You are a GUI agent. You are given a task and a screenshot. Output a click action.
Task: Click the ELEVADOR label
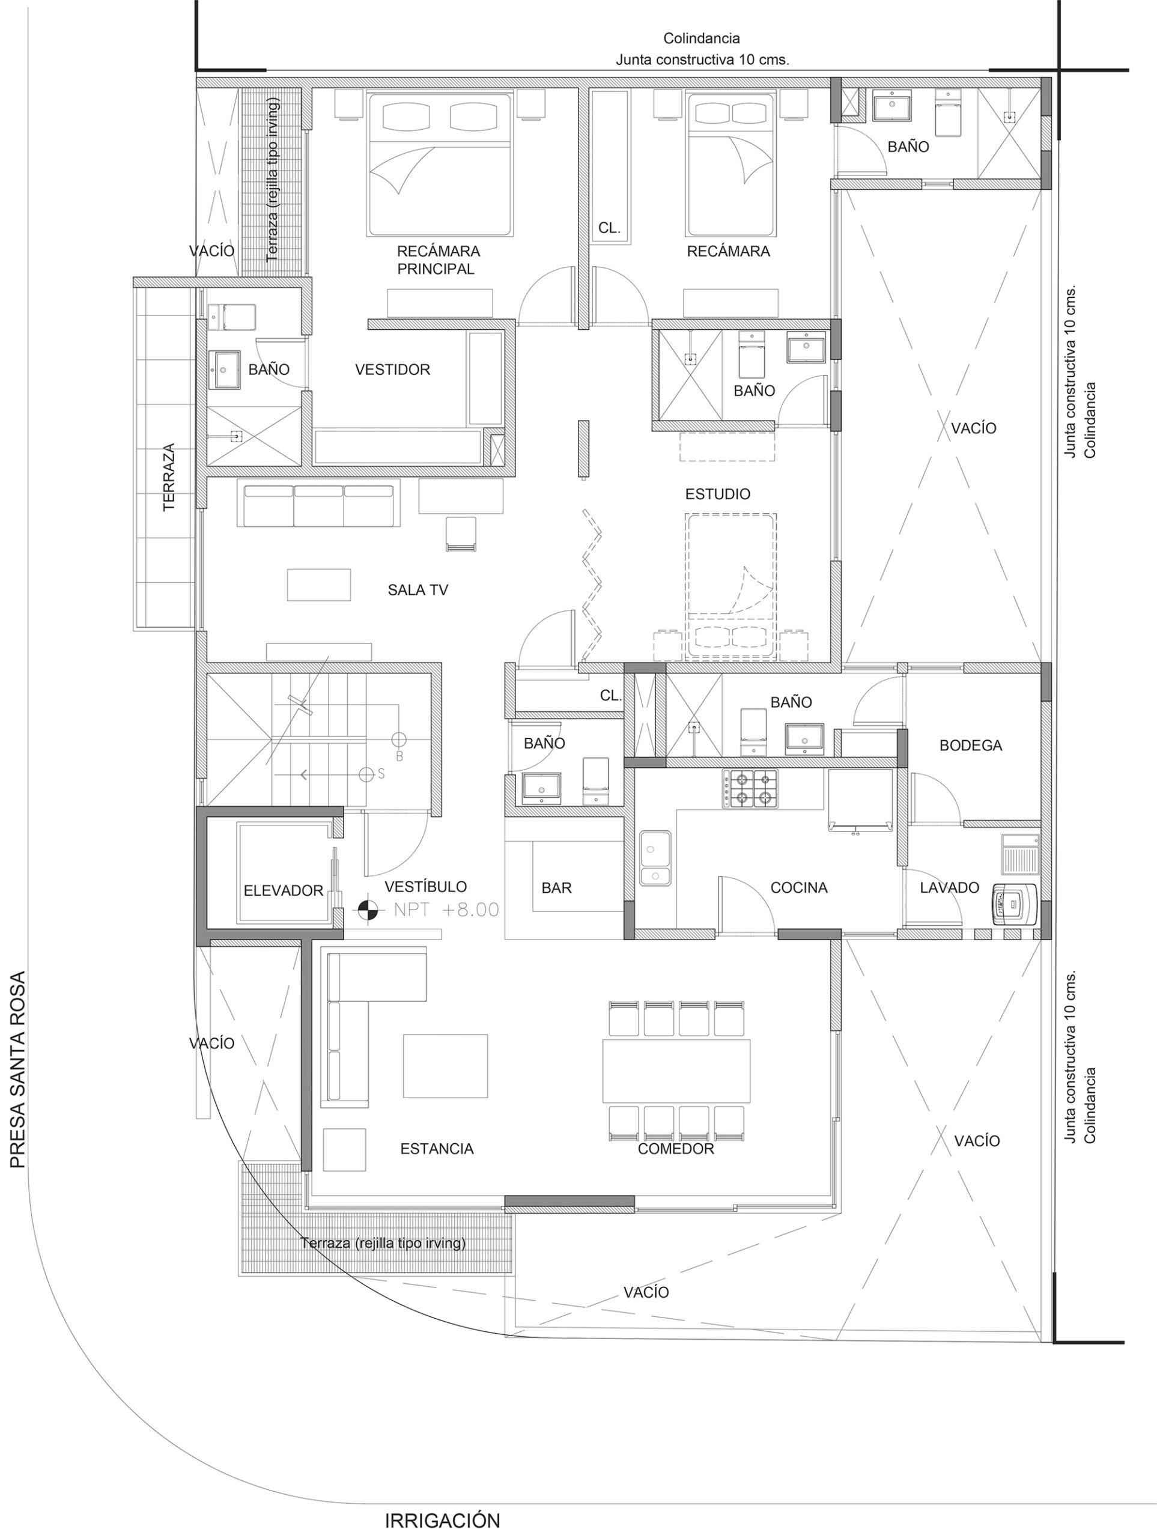click(x=283, y=891)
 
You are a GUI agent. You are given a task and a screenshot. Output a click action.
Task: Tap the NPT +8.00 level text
click(x=446, y=910)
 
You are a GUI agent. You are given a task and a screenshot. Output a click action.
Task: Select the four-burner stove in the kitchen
click(x=750, y=788)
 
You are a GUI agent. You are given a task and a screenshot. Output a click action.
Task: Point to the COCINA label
click(x=799, y=888)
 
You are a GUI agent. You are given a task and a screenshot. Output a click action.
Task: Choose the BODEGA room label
click(x=971, y=746)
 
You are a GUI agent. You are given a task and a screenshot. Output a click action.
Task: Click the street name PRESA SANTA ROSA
click(x=17, y=1069)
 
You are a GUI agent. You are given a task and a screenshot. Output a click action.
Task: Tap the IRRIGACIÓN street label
click(x=442, y=1521)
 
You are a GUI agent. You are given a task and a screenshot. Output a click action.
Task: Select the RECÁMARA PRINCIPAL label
click(x=438, y=260)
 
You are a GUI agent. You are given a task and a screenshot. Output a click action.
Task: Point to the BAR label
click(x=556, y=888)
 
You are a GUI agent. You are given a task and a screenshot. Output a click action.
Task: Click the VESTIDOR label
click(x=392, y=370)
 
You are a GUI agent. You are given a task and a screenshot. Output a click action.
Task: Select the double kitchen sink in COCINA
click(x=655, y=858)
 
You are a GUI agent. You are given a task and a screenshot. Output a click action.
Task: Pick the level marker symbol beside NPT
click(x=368, y=910)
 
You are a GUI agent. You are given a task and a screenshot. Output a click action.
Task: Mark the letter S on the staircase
click(x=381, y=774)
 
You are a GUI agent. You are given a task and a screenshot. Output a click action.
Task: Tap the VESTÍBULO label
click(x=425, y=887)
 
